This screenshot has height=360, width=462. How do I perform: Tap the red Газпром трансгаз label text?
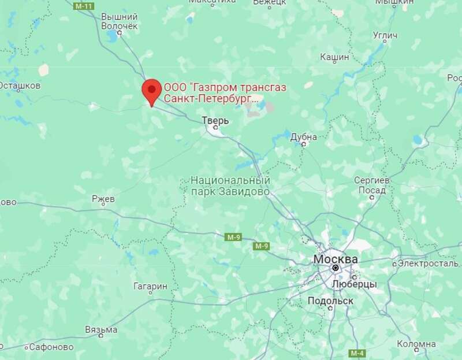[225, 94]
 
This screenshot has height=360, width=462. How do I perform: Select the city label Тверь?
[215, 121]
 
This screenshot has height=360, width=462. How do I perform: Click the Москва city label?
[335, 259]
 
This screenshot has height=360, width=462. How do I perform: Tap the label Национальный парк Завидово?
[230, 185]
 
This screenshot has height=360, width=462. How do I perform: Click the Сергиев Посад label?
[370, 185]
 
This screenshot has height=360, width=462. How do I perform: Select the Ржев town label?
[104, 198]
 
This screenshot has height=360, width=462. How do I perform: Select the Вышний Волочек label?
[119, 21]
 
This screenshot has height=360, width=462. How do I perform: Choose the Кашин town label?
[334, 57]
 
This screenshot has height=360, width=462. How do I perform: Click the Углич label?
[385, 36]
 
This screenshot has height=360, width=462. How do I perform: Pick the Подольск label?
[331, 302]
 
